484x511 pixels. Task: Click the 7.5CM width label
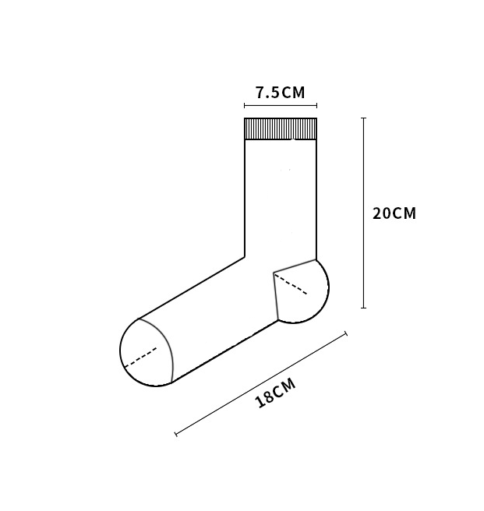[x=280, y=93]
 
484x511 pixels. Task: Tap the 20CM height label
[x=394, y=213]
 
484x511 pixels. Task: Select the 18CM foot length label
[x=276, y=393]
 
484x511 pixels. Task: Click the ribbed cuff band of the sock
[x=281, y=129]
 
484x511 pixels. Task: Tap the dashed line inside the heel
[x=291, y=284]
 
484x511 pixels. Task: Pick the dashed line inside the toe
[x=140, y=358]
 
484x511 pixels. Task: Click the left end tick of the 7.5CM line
[x=245, y=105]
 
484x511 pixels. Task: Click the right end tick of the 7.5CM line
[x=316, y=105]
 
